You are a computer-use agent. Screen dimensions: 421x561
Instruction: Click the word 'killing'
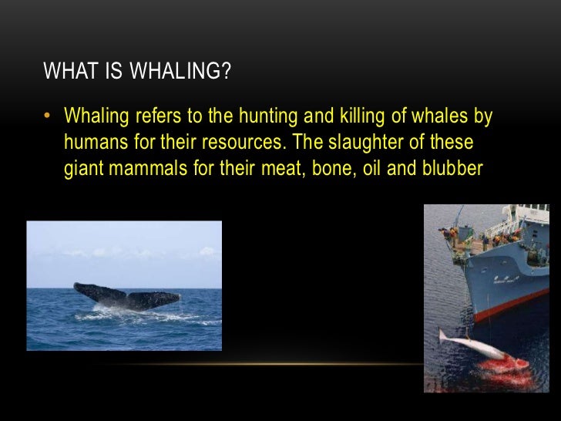click(x=331, y=118)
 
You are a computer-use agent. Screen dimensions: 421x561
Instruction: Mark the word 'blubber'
click(x=454, y=169)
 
